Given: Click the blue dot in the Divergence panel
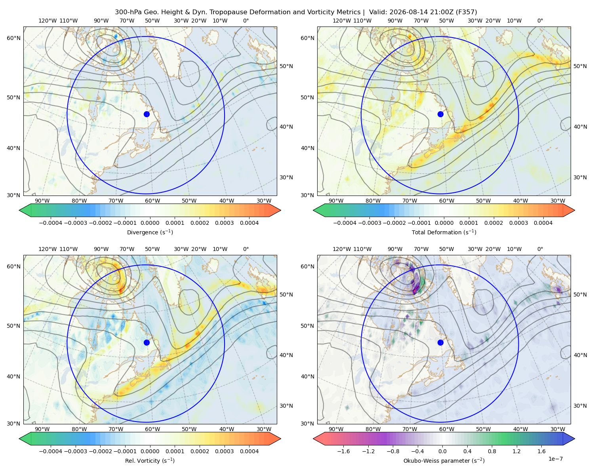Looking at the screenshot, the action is [x=147, y=114].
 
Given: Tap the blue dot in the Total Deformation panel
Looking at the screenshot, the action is [x=440, y=114].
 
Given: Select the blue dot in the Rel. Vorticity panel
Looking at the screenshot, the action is [x=147, y=342].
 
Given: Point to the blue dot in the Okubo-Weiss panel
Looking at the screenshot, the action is [x=440, y=342].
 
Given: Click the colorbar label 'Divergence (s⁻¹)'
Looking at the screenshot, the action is [x=150, y=232].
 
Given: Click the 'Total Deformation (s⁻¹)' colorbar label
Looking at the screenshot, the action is [x=444, y=232].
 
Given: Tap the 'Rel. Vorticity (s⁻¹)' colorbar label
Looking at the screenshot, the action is [x=150, y=460].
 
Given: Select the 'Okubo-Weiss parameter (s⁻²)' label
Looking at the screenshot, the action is [x=444, y=460].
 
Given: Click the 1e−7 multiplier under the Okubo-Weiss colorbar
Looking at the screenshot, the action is [x=555, y=459].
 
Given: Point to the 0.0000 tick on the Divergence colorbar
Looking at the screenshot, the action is [x=150, y=223].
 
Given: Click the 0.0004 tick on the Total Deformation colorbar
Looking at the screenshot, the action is [x=543, y=223].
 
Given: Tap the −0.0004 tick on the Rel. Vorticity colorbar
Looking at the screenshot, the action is [x=51, y=451].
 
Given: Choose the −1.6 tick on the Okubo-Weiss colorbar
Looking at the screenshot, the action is [x=343, y=451].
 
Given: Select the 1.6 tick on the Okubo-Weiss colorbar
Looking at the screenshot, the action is [x=541, y=451].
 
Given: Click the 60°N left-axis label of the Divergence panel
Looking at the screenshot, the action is [x=13, y=38].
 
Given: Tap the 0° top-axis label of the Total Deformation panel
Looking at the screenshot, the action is [x=540, y=21].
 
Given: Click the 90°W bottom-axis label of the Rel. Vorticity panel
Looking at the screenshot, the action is [x=42, y=429].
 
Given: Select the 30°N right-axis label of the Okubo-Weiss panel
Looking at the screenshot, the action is [x=580, y=406].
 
